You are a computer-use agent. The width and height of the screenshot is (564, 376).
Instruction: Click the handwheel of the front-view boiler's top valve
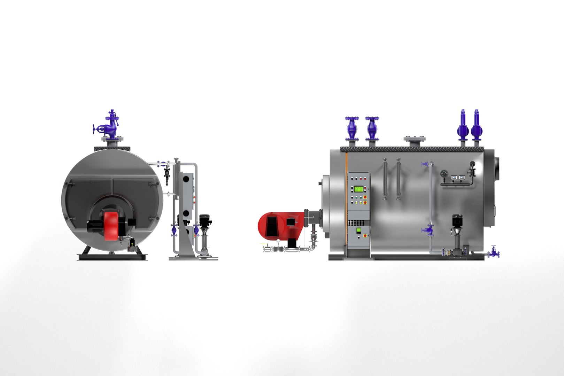pos(94,130)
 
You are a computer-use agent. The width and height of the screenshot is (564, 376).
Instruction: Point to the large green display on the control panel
pos(358,189)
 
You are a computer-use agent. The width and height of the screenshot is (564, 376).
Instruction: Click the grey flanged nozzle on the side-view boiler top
pos(415,141)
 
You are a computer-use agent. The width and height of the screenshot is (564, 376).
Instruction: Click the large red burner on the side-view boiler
pos(275,225)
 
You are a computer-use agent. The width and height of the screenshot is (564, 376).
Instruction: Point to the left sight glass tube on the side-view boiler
pos(385,179)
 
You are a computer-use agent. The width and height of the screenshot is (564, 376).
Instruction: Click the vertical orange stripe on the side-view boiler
pos(346,202)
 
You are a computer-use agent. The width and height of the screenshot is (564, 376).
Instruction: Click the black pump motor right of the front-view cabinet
pos(203,220)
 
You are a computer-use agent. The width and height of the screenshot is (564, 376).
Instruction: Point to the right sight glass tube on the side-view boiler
pos(398,179)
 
